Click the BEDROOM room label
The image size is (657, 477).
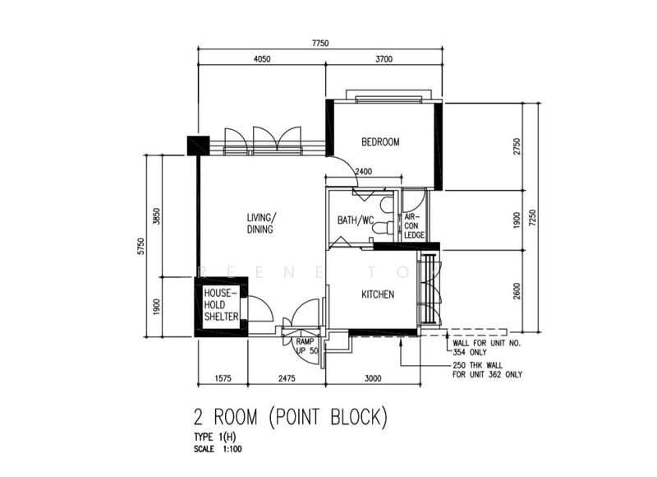coord(380,141)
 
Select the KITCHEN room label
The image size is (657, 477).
coord(378,294)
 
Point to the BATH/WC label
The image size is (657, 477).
coord(356,220)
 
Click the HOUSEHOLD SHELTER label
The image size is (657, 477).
coord(221,304)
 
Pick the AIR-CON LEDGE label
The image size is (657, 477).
coord(414,226)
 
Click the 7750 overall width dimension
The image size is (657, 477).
coord(320,43)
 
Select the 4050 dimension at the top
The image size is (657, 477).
coord(262,58)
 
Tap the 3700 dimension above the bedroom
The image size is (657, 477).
coord(384,58)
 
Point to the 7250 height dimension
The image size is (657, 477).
coord(532,218)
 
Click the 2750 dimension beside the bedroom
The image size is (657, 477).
coord(517,146)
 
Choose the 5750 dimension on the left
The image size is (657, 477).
coord(141,246)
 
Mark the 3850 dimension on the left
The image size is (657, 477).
coord(157,216)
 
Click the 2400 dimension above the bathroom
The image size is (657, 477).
coord(363,171)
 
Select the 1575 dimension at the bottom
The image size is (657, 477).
coord(223,378)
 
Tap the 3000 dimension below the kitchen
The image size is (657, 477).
coord(373,378)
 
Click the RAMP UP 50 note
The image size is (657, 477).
coord(306,346)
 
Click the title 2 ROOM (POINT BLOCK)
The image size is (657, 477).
coord(291,417)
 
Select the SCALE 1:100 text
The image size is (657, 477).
coord(218,449)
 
